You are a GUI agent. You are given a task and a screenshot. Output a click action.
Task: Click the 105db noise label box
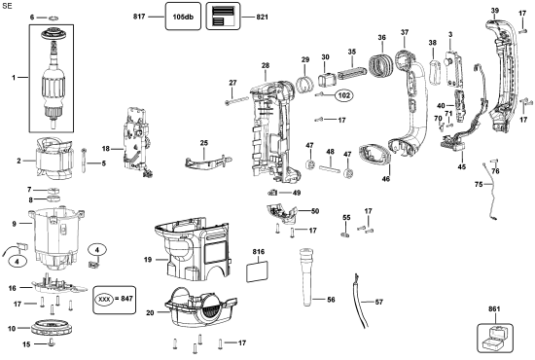pos(183,17)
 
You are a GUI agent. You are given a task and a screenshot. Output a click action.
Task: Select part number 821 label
pos(262,17)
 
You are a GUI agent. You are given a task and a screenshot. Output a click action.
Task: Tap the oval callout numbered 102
pos(343,95)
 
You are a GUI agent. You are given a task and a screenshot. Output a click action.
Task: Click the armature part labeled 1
pos(52,79)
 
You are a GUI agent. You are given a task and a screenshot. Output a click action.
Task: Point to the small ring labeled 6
pos(53,18)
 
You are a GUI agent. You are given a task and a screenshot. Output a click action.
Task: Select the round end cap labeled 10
pos(52,328)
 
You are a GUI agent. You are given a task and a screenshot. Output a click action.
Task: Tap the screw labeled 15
pos(52,342)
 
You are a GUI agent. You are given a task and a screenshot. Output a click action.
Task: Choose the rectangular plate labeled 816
pos(257,272)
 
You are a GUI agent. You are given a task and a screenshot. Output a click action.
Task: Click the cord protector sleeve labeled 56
pos(306,276)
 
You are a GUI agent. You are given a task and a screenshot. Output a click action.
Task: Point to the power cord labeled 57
pos(361,301)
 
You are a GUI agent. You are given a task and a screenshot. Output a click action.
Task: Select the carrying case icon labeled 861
pos(495,338)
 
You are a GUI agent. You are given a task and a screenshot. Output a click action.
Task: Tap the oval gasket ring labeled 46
pos(374,155)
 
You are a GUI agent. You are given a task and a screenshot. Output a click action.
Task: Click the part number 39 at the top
pos(495,11)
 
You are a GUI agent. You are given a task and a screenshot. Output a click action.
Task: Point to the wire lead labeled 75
pos(490,191)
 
